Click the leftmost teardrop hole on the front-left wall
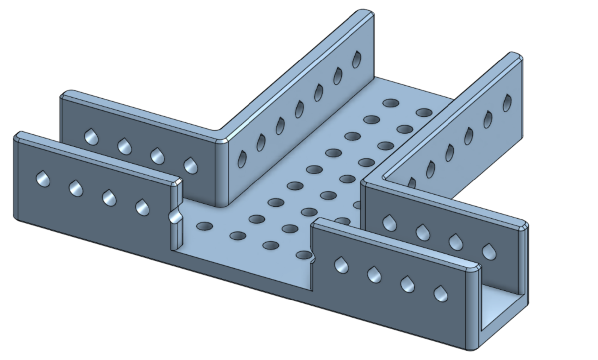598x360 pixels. (43, 179)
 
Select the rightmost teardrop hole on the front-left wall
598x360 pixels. (142, 208)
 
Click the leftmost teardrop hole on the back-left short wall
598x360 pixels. (91, 137)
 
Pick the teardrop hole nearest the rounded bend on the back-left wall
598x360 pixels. (191, 166)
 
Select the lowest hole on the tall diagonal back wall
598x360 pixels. (242, 159)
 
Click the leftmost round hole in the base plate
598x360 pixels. (205, 227)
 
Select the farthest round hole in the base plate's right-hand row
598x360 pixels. (424, 112)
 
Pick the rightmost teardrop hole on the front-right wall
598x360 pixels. (441, 294)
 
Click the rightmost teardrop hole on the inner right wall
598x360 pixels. (488, 252)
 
